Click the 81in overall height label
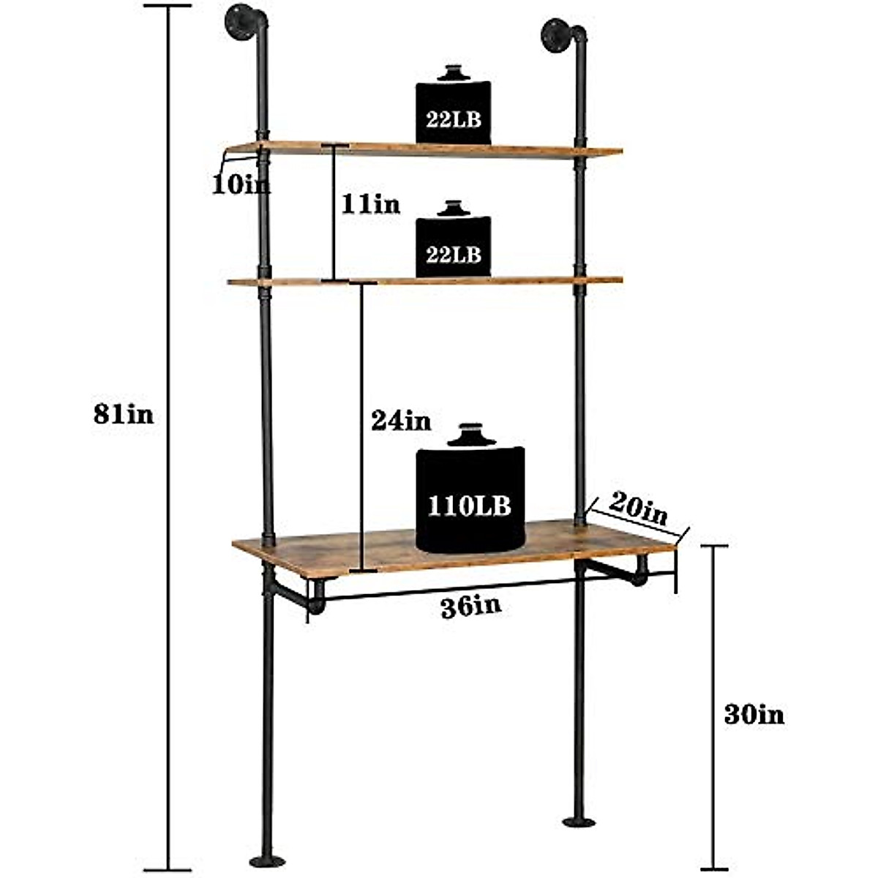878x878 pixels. pos(124,414)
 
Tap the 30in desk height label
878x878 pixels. pos(754,714)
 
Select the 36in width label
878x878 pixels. pos(471,607)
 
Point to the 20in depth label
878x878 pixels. pos(639,509)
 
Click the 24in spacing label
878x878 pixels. pos(401,421)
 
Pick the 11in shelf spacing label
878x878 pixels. pos(370,204)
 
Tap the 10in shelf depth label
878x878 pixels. pos(240,184)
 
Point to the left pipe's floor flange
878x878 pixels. pos(268,860)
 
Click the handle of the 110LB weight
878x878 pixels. pos(471,436)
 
